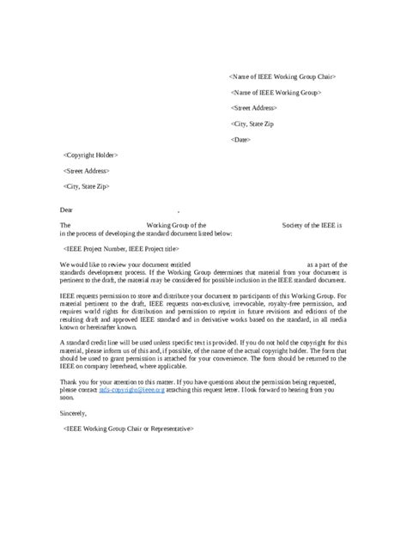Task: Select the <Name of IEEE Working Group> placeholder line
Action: tap(276, 92)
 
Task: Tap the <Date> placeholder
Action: tap(241, 139)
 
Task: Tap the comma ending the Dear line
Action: tap(178, 210)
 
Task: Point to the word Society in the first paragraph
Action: tap(296, 225)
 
